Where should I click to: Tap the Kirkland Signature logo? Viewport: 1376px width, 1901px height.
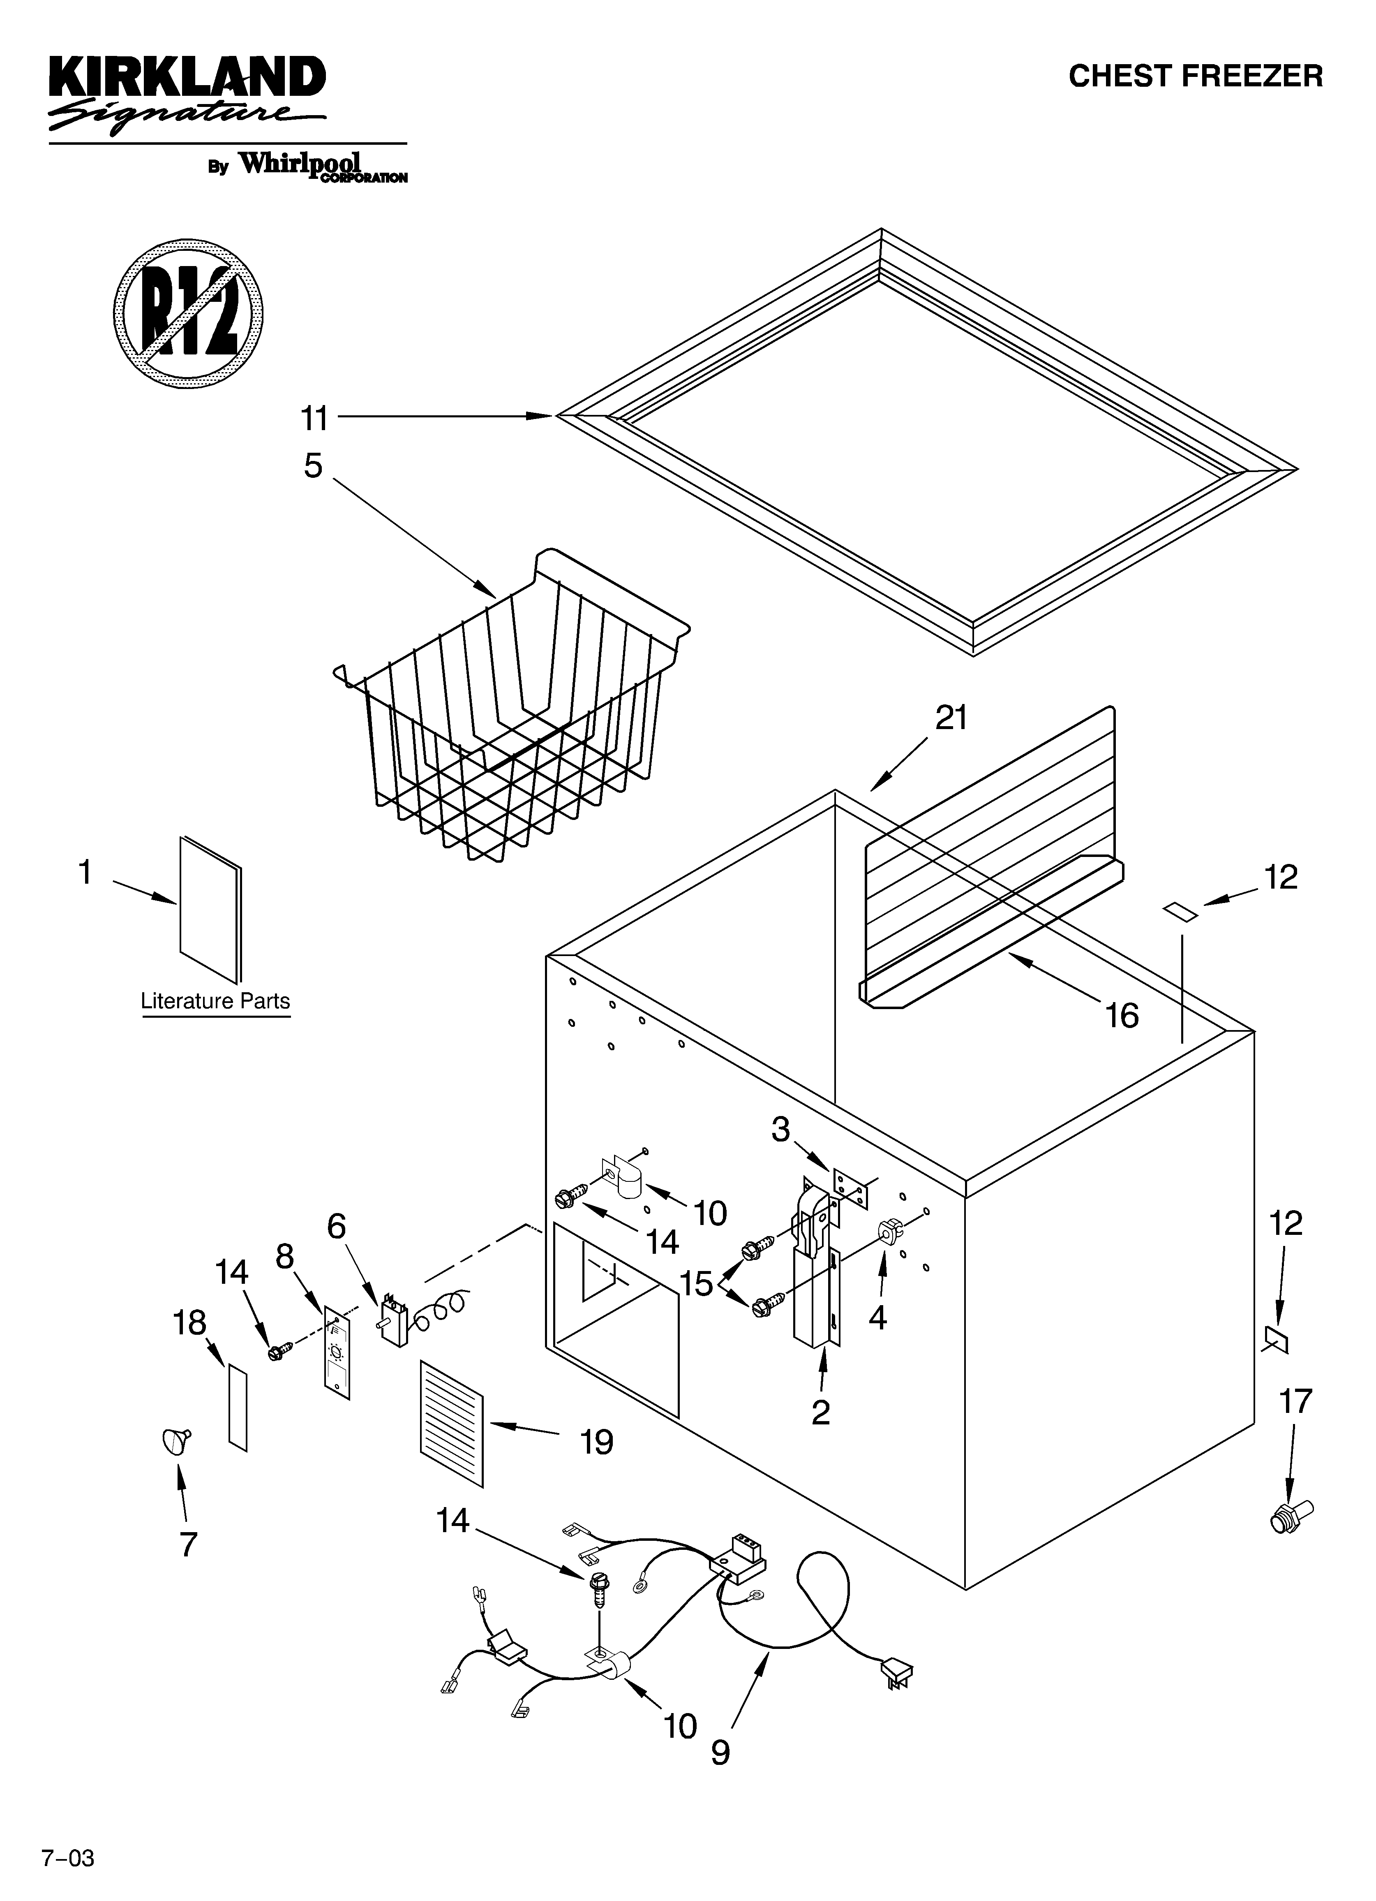[186, 94]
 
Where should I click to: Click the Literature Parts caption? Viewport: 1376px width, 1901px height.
[215, 1001]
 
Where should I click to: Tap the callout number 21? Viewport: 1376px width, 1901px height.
[951, 718]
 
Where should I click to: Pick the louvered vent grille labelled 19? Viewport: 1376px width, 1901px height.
[452, 1422]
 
